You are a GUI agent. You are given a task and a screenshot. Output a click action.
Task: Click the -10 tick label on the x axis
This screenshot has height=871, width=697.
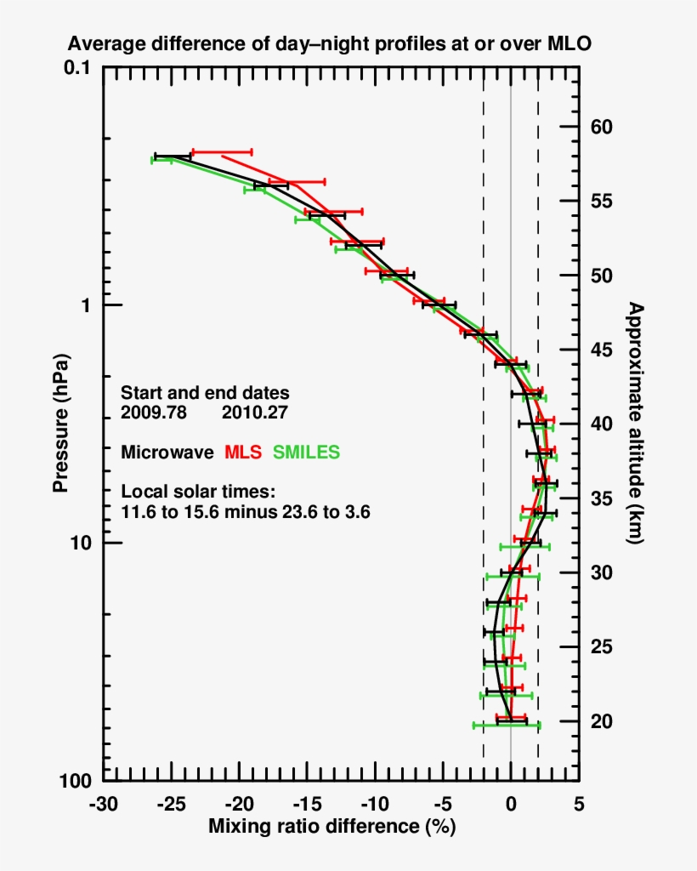(x=371, y=804)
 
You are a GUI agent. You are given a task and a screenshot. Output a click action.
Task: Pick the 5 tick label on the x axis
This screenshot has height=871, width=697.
(x=579, y=804)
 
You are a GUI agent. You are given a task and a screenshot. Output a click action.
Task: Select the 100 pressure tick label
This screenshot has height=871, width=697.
(x=77, y=780)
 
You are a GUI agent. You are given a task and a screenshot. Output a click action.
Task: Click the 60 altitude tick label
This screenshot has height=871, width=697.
(x=601, y=128)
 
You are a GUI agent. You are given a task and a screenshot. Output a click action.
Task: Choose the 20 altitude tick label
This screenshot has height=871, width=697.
(x=601, y=721)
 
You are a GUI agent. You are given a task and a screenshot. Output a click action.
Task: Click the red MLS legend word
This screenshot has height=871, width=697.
(x=242, y=453)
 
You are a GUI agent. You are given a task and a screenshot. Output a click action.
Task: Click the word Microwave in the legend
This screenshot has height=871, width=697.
(x=167, y=453)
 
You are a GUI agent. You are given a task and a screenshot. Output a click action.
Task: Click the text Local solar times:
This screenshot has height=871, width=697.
(x=198, y=492)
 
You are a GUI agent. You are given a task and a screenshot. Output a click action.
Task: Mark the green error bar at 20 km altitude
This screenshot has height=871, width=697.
(x=507, y=726)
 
